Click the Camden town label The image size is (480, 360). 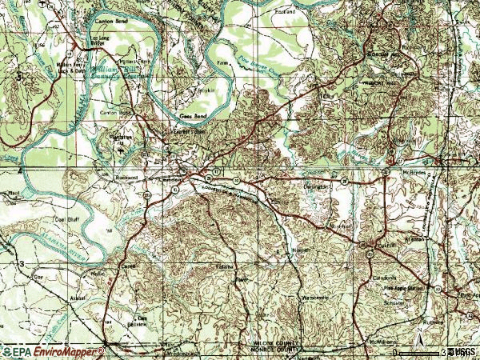click(x=170, y=180)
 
